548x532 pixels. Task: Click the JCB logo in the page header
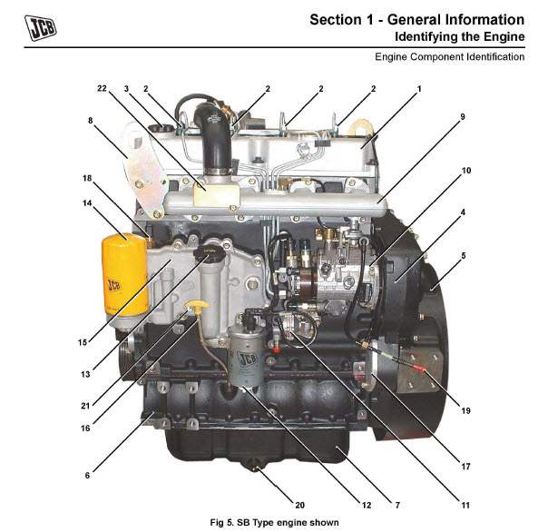(40, 27)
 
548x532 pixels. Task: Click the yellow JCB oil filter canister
(124, 277)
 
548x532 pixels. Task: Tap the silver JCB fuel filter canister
(247, 355)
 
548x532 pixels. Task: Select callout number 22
(102, 88)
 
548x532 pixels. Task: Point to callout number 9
(463, 117)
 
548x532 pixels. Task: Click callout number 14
(87, 203)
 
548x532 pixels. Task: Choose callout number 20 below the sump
(299, 505)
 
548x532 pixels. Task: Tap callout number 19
(465, 410)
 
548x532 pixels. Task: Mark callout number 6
(87, 476)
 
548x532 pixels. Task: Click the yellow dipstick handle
(197, 305)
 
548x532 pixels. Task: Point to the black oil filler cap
(210, 252)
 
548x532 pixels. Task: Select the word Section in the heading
(337, 20)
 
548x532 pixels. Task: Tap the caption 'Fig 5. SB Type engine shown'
(274, 523)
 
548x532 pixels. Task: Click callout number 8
(90, 121)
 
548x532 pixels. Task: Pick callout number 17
(465, 467)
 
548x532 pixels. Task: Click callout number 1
(419, 89)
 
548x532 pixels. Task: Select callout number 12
(367, 505)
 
